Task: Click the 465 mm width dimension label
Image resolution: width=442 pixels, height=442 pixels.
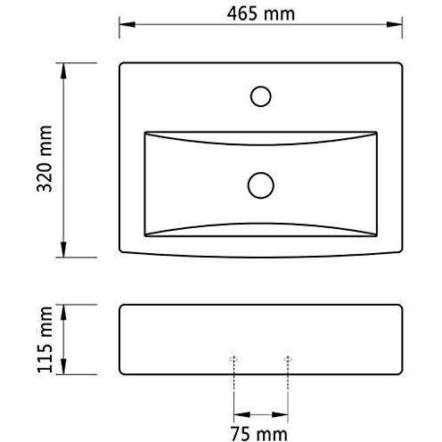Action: point(259,14)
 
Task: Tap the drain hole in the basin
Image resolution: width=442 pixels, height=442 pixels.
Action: point(260,184)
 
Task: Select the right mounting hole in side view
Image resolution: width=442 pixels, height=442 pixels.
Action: point(287,358)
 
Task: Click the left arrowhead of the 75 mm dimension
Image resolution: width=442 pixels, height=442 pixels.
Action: point(238,415)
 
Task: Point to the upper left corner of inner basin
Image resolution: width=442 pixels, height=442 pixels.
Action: point(145,133)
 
